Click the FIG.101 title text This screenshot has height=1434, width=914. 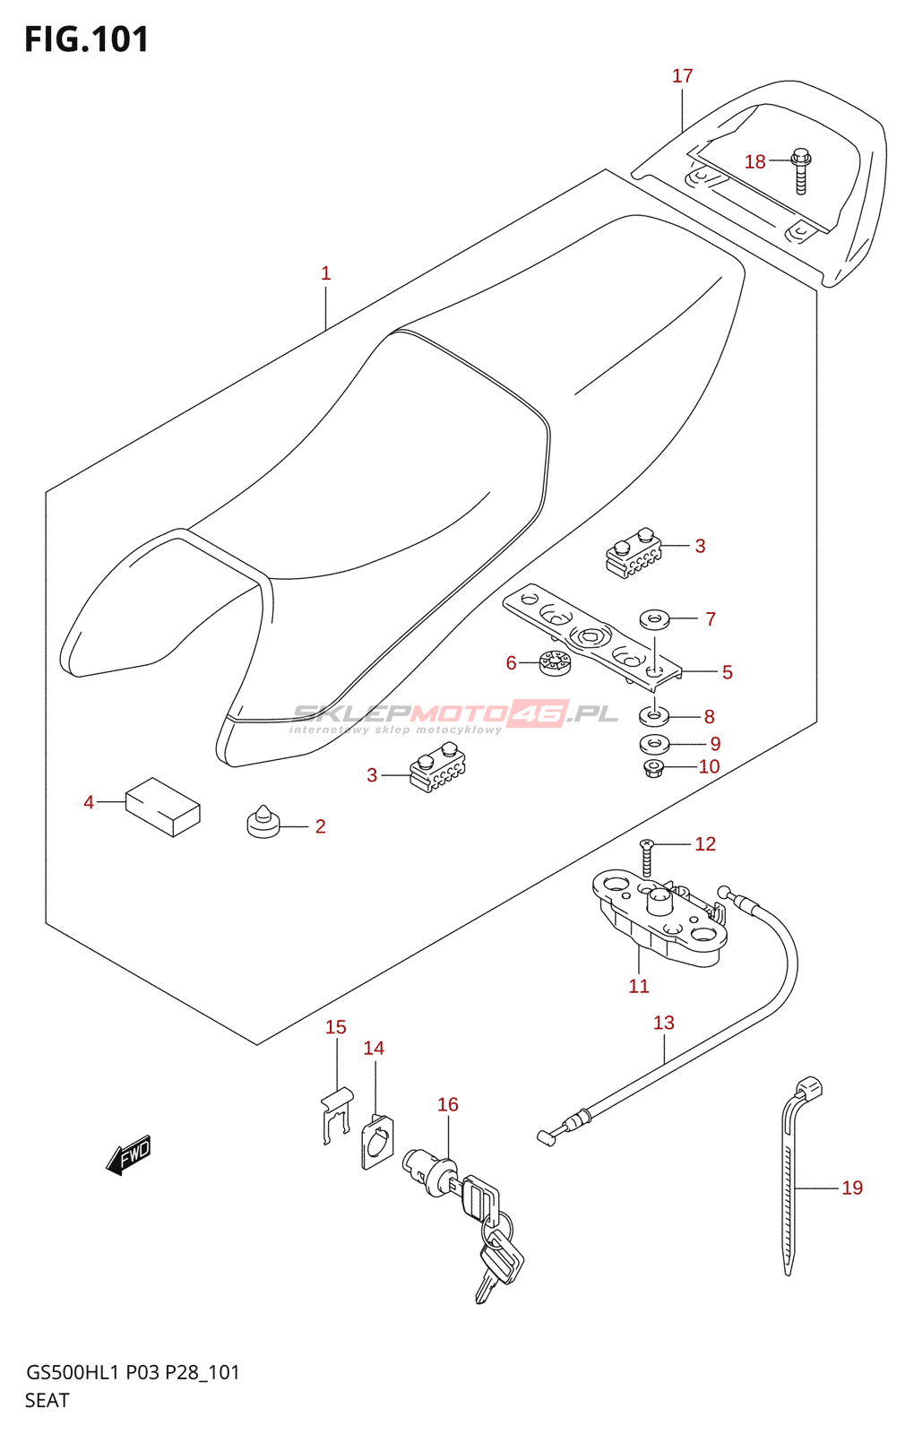click(86, 39)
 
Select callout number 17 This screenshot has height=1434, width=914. click(682, 76)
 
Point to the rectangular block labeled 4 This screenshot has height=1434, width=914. click(163, 806)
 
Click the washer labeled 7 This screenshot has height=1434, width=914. click(654, 619)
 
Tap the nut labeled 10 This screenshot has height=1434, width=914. click(652, 768)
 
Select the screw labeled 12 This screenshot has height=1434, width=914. click(647, 858)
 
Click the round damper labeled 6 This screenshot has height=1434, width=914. click(555, 662)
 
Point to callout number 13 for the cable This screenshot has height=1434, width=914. click(664, 1023)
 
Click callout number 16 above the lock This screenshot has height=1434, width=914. click(448, 1104)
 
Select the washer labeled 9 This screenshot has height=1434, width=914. click(654, 744)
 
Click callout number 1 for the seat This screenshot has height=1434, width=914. click(326, 273)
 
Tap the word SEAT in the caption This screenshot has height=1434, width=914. click(47, 1401)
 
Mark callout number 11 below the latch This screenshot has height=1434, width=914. click(639, 986)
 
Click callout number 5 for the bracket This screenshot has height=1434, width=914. click(727, 672)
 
